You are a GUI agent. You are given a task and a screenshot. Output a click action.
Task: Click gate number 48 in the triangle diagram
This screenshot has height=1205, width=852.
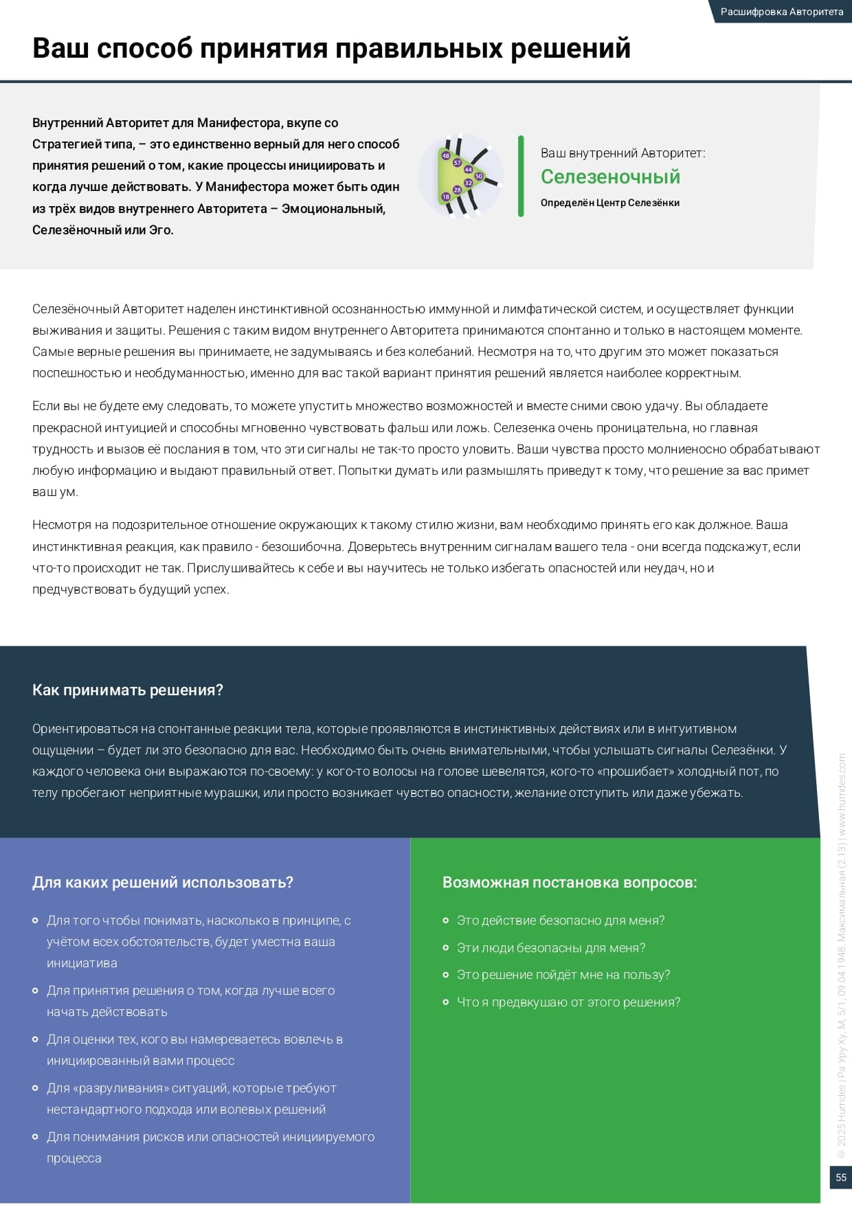tap(445, 156)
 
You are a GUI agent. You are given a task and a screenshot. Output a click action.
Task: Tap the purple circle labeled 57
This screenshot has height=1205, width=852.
tap(457, 163)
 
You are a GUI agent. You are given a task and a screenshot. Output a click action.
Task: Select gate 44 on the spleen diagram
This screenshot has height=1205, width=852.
tap(468, 170)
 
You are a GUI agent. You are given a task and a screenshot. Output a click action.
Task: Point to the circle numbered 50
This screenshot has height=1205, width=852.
tap(479, 177)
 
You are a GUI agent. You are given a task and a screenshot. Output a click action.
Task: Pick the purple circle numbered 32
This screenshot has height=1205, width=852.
tap(468, 183)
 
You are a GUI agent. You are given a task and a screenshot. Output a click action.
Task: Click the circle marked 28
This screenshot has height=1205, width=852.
tap(457, 190)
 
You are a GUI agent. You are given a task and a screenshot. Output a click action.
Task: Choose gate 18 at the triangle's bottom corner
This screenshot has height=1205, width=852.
tap(445, 196)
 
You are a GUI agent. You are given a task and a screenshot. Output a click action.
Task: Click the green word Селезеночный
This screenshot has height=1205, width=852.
tap(610, 177)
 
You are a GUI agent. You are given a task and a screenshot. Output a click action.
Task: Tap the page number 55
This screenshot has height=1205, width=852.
tap(840, 1177)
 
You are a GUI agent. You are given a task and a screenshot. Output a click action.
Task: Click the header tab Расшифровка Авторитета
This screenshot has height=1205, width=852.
tap(781, 12)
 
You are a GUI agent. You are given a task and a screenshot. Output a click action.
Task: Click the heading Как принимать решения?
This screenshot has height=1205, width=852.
tap(128, 690)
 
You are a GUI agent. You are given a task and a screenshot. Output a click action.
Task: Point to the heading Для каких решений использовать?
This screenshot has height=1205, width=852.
tap(163, 882)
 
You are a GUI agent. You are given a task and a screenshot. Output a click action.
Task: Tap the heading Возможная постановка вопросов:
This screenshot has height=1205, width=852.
tap(570, 882)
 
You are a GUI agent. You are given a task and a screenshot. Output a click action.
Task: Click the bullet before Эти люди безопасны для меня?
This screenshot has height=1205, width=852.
tap(446, 947)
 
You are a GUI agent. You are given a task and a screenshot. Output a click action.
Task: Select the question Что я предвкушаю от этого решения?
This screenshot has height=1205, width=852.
tap(568, 1002)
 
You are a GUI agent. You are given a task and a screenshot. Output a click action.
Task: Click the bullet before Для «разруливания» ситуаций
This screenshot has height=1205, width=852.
tap(36, 1088)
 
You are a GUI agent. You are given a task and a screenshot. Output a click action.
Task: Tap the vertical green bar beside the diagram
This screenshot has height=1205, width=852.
tap(521, 177)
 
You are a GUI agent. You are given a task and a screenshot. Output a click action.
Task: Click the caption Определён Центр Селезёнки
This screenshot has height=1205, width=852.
tap(610, 203)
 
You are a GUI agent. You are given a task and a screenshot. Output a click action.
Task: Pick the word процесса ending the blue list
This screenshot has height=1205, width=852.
tap(74, 1158)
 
